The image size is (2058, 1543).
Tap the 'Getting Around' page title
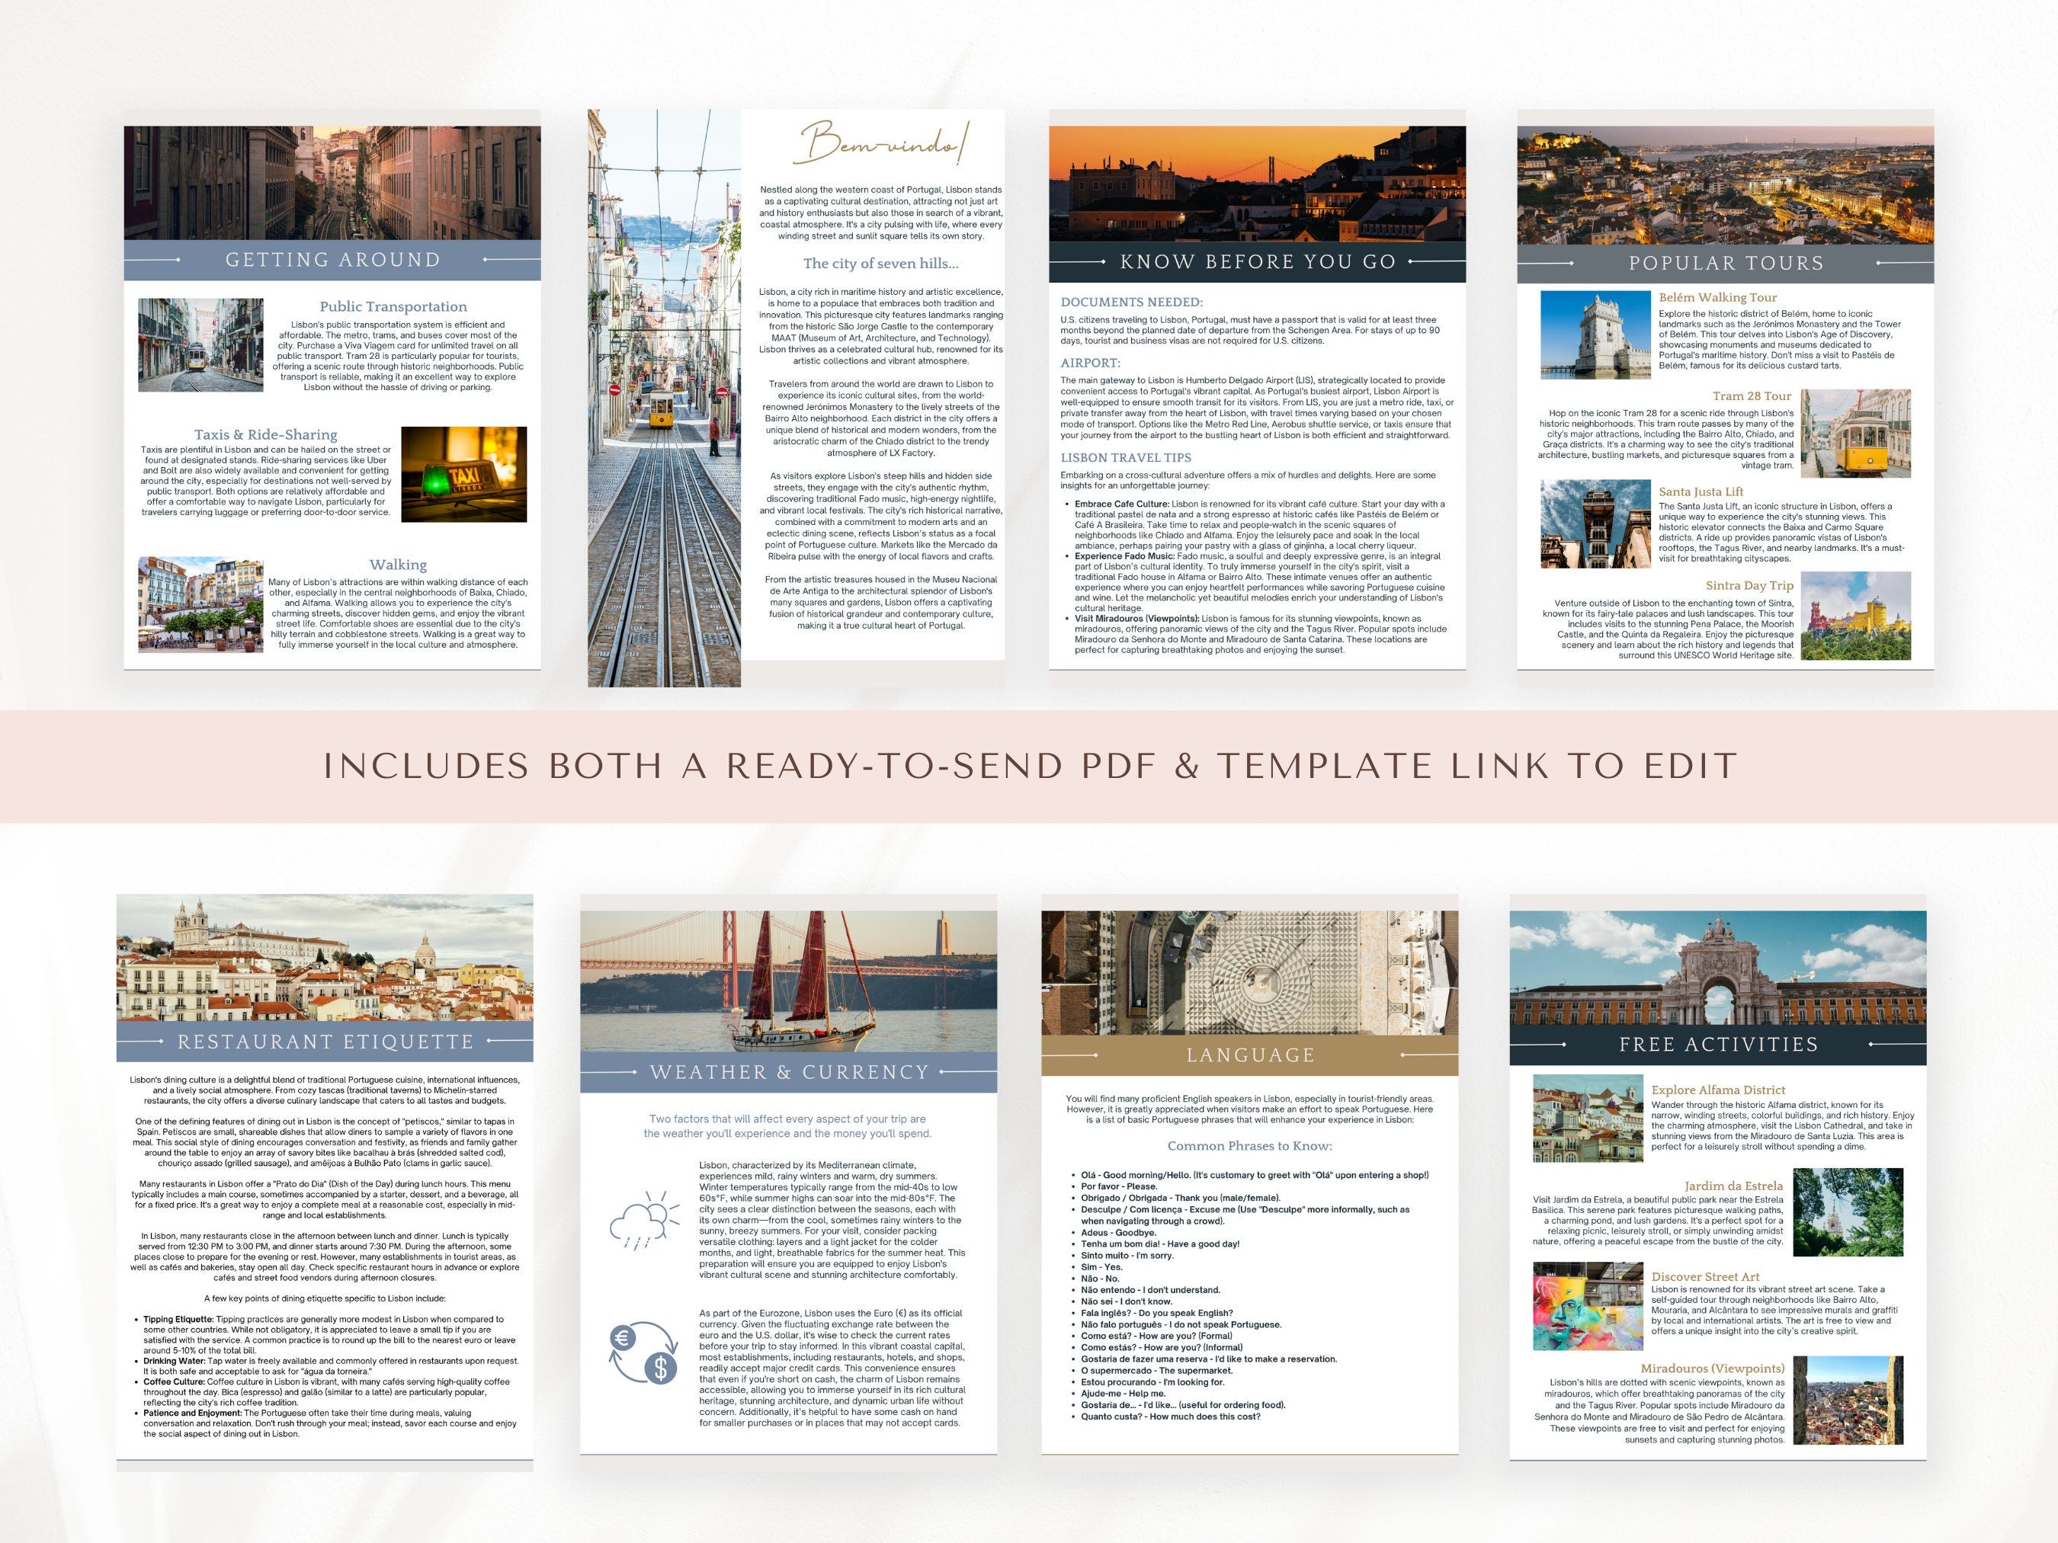333,261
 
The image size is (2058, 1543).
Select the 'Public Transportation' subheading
393,307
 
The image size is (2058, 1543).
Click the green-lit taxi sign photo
463,475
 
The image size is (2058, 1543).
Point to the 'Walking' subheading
398,565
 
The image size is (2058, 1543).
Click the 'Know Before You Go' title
1258,262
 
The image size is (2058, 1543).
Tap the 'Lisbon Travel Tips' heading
1126,458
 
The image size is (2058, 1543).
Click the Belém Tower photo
1595,335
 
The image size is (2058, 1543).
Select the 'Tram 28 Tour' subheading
1751,396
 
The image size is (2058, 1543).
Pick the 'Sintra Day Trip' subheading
1749,586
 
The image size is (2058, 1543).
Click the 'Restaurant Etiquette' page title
325,1042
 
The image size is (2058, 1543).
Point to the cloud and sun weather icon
638,1219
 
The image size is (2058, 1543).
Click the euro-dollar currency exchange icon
643,1353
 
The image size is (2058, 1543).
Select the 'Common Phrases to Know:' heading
1249,1146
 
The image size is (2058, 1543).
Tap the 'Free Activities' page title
1718,1045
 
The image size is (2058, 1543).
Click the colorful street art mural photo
1587,1306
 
